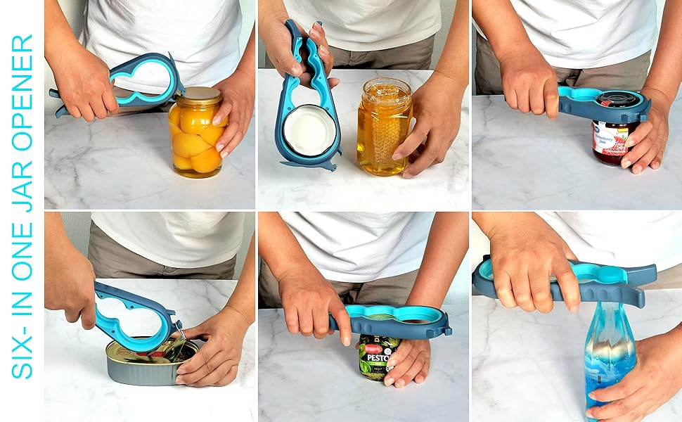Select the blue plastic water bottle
[x=609, y=352]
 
